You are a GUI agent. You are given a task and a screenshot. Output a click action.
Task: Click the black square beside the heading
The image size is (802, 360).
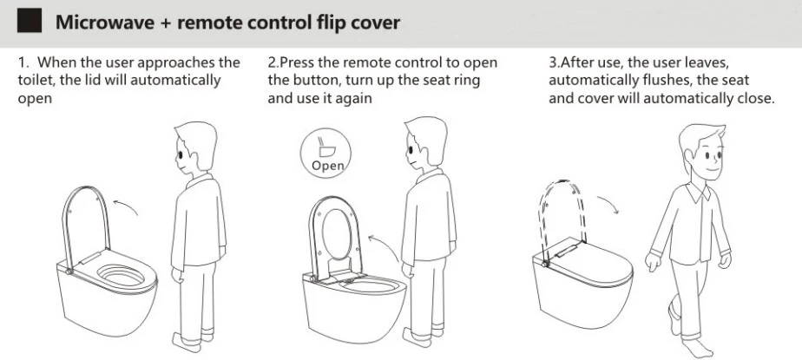point(30,21)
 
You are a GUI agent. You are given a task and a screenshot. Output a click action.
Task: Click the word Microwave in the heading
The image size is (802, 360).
point(105,22)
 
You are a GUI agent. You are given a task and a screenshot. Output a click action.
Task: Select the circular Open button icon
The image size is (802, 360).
point(325,153)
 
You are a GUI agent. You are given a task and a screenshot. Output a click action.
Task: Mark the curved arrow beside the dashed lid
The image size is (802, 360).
point(608,204)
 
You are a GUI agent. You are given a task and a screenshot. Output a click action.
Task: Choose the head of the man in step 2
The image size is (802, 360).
point(424,142)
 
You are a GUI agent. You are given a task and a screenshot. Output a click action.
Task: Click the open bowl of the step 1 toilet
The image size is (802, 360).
point(122,276)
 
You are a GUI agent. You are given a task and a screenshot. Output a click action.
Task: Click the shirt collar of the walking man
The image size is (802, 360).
point(699,190)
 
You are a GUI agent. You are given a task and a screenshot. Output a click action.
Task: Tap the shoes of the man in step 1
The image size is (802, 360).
point(193,339)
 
